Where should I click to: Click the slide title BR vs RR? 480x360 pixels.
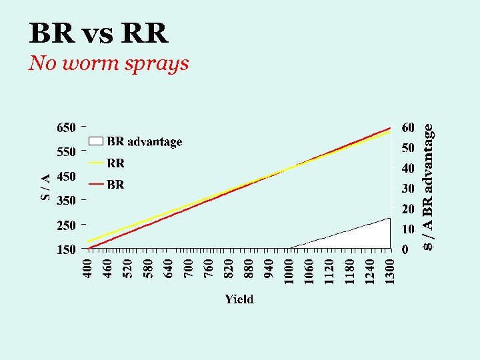[99, 33]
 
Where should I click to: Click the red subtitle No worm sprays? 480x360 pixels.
[109, 63]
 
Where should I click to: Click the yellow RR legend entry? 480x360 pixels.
[115, 163]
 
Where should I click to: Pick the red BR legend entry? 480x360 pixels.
[115, 184]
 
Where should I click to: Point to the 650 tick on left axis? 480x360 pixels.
[65, 127]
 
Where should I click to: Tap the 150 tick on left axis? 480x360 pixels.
[65, 250]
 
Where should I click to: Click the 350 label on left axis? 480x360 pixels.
[65, 201]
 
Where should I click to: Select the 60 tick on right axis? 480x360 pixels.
[408, 127]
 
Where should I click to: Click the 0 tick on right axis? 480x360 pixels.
[405, 250]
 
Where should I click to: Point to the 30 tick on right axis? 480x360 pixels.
[408, 189]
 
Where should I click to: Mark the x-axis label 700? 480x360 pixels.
[189, 270]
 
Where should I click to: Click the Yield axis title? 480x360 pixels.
[239, 299]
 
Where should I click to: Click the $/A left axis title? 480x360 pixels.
[44, 186]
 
